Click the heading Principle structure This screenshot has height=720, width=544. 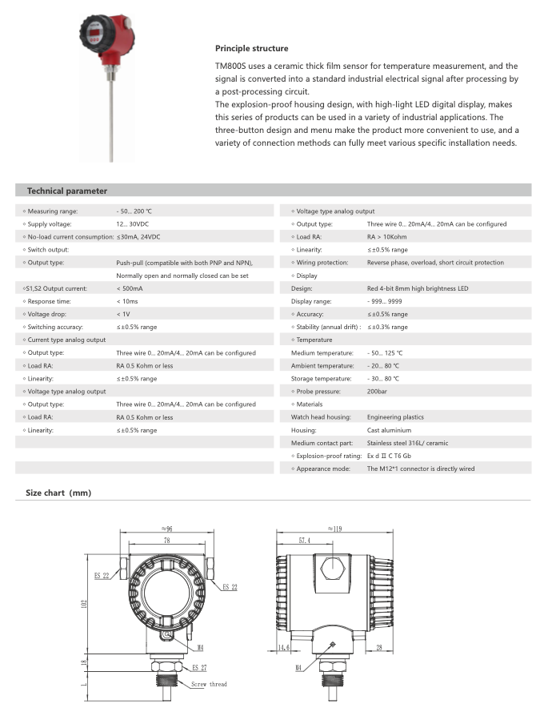(251, 49)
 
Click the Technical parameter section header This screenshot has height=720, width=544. (67, 191)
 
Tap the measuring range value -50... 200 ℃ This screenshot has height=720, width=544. (134, 211)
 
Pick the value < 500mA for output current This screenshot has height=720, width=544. (130, 288)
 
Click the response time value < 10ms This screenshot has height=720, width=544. (127, 301)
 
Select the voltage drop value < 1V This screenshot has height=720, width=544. (123, 314)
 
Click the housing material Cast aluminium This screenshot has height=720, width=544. (389, 430)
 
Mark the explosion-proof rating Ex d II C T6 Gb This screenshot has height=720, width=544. (400, 456)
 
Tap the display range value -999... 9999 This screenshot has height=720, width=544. (386, 301)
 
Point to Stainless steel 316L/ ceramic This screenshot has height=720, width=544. (407, 443)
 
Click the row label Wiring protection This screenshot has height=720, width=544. (322, 263)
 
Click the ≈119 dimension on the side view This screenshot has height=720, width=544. (334, 529)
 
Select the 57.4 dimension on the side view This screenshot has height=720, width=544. (304, 541)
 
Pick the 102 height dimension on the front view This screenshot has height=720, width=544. (85, 603)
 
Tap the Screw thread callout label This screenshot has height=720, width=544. (209, 684)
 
